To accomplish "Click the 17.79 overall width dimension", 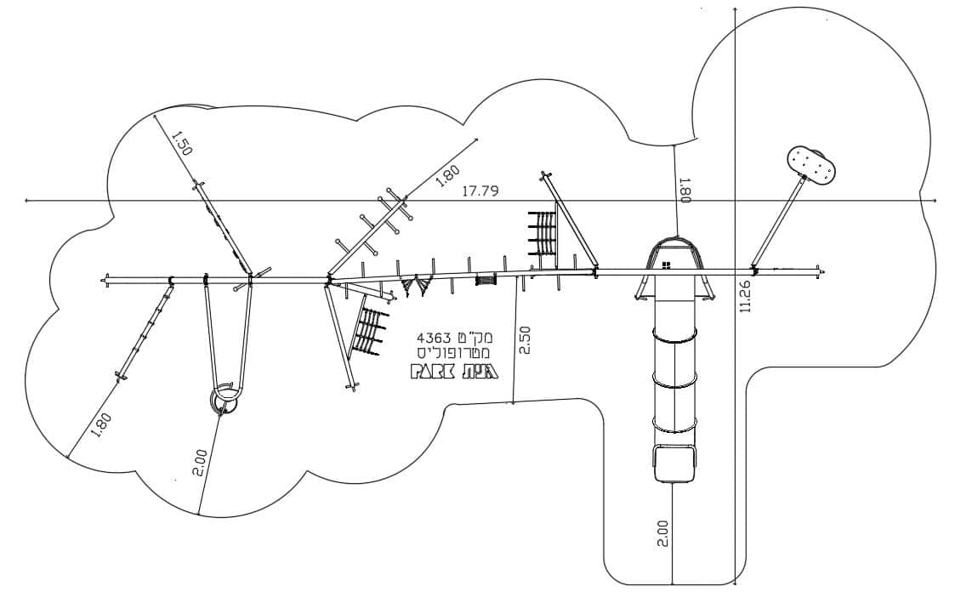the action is click(480, 191).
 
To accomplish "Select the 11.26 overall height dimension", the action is click(746, 296).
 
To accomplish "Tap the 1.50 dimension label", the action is click(181, 144).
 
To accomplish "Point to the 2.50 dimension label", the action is click(525, 340).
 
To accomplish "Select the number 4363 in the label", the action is click(435, 338).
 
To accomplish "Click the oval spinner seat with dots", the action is click(812, 164).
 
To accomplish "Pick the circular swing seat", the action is click(225, 400).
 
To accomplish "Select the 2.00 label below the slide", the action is click(663, 533).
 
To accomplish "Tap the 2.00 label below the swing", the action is click(202, 464).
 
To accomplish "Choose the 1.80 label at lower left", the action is click(102, 425).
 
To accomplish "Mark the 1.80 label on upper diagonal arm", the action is click(448, 175).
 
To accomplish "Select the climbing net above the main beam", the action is click(542, 233).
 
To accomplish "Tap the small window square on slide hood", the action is click(667, 265).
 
